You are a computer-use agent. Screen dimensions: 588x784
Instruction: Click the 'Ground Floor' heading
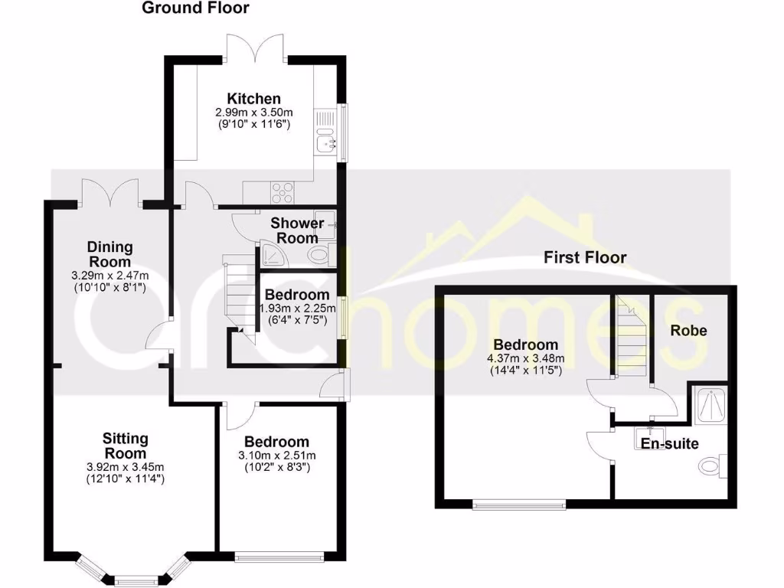[x=195, y=8]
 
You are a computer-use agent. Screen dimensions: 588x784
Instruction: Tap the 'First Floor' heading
[x=585, y=257]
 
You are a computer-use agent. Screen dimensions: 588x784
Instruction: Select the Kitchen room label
[x=253, y=99]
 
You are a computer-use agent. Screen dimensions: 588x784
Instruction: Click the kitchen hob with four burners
[x=282, y=192]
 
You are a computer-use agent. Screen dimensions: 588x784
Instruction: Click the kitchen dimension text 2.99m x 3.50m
[x=253, y=112]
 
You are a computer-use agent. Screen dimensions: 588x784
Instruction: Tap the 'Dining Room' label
[x=109, y=254]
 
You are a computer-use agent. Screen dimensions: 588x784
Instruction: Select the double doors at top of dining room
[x=109, y=191]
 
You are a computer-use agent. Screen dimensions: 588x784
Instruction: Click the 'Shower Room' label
[x=297, y=230]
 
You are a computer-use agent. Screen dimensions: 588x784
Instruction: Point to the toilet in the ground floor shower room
[x=317, y=254]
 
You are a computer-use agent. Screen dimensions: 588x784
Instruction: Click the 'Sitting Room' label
[x=126, y=446]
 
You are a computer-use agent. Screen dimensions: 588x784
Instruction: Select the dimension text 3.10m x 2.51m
[x=276, y=456]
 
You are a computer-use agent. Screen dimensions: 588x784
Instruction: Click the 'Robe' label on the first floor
[x=688, y=331]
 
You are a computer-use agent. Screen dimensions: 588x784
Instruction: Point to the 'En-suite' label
[x=669, y=443]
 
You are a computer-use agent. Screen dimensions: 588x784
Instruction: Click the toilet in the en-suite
[x=714, y=464]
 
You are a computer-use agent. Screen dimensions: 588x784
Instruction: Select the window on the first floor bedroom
[x=518, y=504]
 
